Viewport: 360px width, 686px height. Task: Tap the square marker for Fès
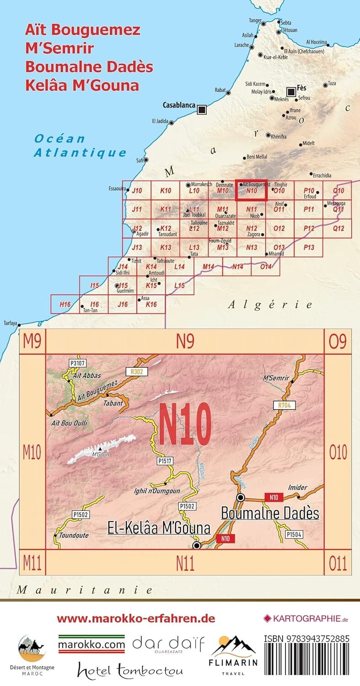click(291, 92)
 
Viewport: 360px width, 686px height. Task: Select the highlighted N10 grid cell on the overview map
click(251, 190)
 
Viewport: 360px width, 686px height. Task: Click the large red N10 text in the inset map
click(185, 423)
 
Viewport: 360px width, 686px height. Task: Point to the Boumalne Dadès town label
click(270, 513)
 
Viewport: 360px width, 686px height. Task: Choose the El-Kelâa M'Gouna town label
click(159, 528)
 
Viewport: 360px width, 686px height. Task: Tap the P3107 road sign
click(77, 363)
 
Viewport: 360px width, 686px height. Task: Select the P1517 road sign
click(164, 461)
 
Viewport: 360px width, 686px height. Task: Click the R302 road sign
click(137, 372)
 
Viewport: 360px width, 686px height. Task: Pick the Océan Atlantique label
click(80, 145)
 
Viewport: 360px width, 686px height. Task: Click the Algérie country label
click(271, 304)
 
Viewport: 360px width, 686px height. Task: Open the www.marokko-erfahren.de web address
click(136, 619)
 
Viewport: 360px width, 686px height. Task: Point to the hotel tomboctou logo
click(130, 671)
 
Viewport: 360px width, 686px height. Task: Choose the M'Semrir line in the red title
click(59, 48)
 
